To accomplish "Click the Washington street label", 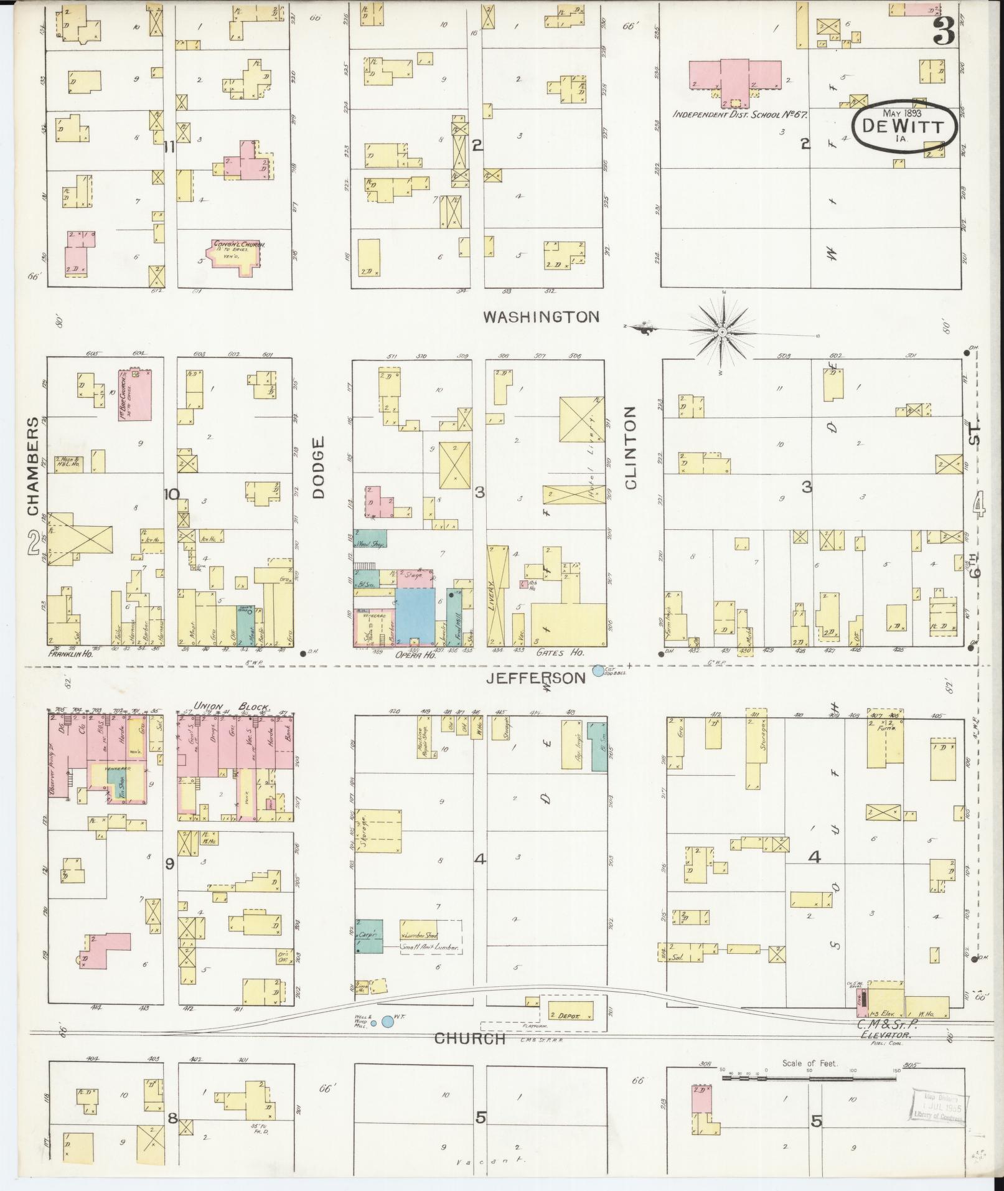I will [542, 317].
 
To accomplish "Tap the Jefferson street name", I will [536, 678].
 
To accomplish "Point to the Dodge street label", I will [319, 468].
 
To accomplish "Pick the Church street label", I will [469, 1038].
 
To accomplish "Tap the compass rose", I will [722, 333].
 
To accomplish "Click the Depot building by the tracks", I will [569, 1015].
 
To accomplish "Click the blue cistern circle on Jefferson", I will [598, 671].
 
